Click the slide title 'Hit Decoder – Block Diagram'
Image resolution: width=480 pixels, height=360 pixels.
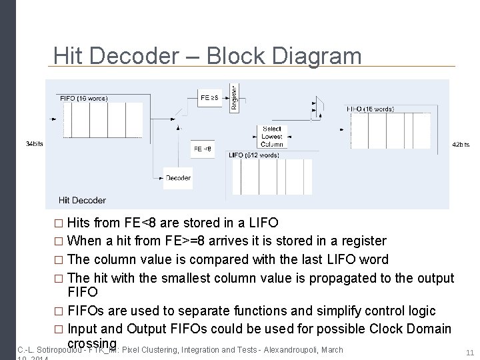tap(207, 55)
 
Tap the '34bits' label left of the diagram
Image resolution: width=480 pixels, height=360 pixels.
tap(34, 144)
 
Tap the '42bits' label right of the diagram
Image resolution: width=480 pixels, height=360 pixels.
tap(461, 145)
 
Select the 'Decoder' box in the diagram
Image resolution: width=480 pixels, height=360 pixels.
tap(177, 178)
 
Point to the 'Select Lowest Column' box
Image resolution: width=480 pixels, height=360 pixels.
tap(271, 136)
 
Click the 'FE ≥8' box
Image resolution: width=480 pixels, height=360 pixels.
tap(209, 97)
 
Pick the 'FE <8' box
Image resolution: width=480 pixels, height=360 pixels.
tap(202, 149)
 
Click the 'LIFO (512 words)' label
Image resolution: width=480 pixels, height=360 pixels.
tap(255, 155)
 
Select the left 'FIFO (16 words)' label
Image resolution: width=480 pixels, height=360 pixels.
tap(84, 98)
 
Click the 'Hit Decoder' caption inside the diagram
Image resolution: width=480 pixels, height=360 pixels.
tap(82, 200)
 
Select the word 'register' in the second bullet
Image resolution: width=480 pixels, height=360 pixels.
tap(361, 240)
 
